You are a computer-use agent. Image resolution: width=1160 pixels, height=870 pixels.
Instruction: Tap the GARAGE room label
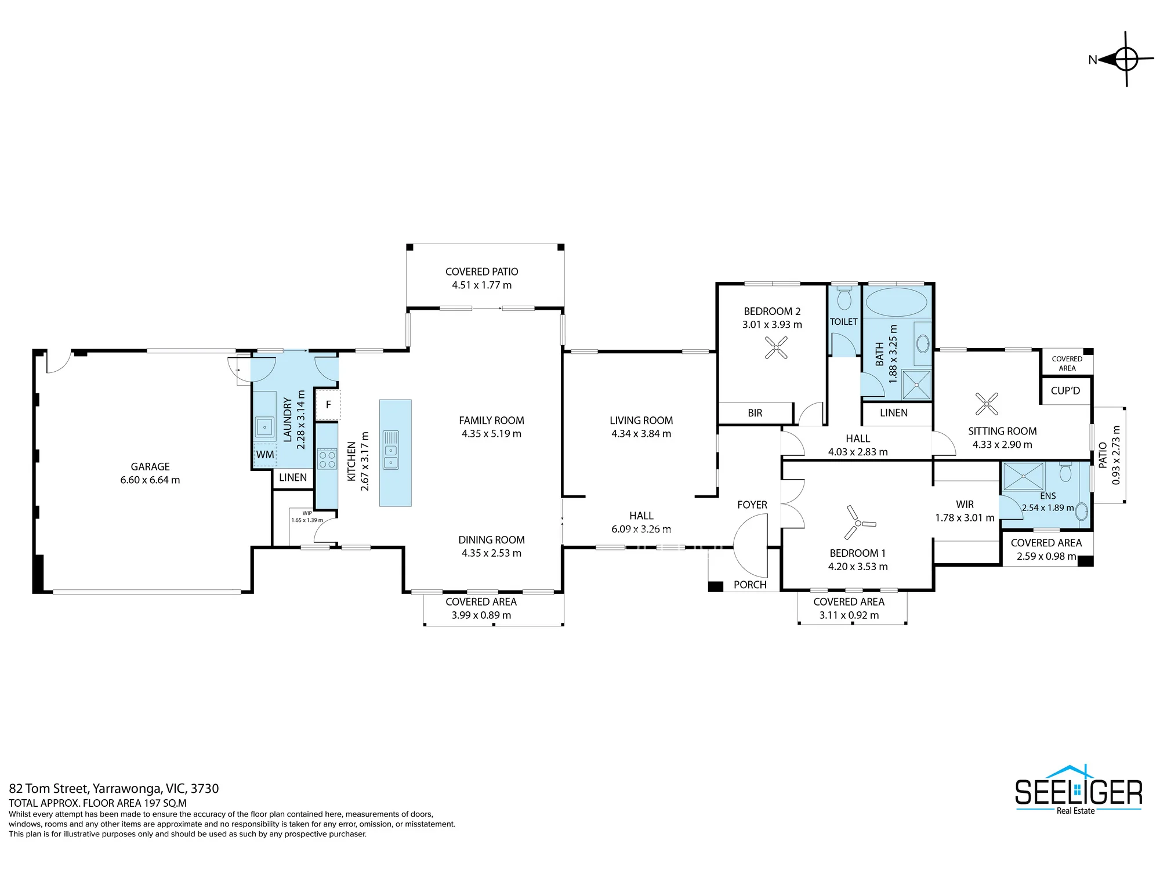pyautogui.click(x=150, y=466)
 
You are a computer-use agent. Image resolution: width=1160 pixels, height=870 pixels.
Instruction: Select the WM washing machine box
pyautogui.click(x=265, y=455)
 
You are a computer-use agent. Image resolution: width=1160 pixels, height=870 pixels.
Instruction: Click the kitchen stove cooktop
pyautogui.click(x=327, y=459)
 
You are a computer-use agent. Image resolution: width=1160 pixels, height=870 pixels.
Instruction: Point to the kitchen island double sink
pyautogui.click(x=391, y=449)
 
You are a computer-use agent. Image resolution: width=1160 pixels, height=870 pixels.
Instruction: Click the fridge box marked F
pyautogui.click(x=328, y=404)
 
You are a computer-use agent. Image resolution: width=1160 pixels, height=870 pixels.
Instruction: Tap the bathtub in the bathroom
pyautogui.click(x=896, y=302)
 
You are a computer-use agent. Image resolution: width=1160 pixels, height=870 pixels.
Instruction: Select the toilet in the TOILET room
pyautogui.click(x=844, y=298)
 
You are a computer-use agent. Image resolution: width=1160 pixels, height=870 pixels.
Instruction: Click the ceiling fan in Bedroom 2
pyautogui.click(x=776, y=348)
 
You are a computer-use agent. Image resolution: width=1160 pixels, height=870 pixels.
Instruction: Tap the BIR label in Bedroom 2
pyautogui.click(x=755, y=413)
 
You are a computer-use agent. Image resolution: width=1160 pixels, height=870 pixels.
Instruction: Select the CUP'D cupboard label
pyautogui.click(x=1065, y=390)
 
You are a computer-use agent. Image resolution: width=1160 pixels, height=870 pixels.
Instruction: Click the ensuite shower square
pyautogui.click(x=1024, y=476)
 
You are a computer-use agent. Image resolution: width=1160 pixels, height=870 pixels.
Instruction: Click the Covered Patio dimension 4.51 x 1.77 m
pyautogui.click(x=482, y=285)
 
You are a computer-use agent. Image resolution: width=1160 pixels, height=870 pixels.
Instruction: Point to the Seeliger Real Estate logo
pyautogui.click(x=1078, y=790)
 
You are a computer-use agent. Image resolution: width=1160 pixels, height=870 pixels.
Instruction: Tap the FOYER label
pyautogui.click(x=752, y=505)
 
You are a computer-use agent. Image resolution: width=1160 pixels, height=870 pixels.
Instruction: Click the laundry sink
pyautogui.click(x=264, y=427)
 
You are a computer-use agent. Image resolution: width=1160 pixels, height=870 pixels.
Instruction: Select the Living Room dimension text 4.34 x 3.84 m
pyautogui.click(x=641, y=433)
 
